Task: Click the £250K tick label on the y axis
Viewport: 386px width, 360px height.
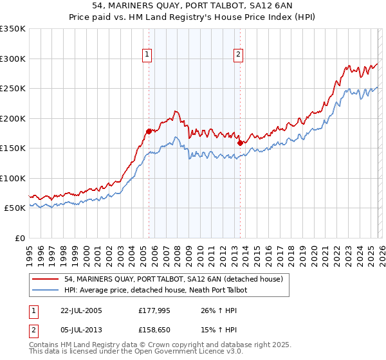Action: click(12, 89)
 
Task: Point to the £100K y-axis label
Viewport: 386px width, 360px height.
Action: click(12, 178)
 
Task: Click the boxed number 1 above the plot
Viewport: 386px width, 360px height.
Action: click(148, 55)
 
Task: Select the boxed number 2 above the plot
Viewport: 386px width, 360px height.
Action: click(238, 55)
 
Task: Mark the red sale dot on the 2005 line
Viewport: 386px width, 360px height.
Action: click(149, 131)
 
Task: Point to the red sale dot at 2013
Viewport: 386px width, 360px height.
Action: click(239, 143)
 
